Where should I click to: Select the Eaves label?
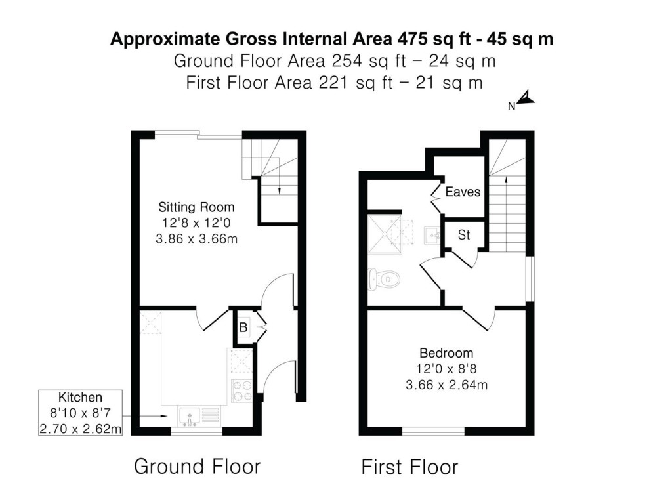pyautogui.click(x=463, y=192)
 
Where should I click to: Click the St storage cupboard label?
pyautogui.click(x=464, y=235)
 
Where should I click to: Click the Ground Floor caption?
pyautogui.click(x=197, y=467)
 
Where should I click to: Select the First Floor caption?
pyautogui.click(x=409, y=467)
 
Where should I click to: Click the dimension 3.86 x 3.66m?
pyautogui.click(x=196, y=238)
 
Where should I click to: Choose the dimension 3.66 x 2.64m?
pyautogui.click(x=446, y=385)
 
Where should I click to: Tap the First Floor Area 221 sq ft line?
pyautogui.click(x=335, y=83)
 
